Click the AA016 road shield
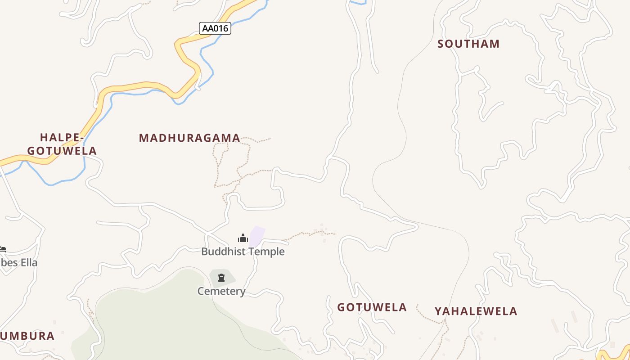tap(215, 28)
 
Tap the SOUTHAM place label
tap(468, 44)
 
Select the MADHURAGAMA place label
tap(189, 138)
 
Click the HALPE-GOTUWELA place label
tap(62, 144)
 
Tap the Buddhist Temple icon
tap(243, 238)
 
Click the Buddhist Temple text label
tap(243, 252)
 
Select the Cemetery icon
tap(221, 278)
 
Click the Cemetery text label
tap(221, 291)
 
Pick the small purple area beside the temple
tap(257, 236)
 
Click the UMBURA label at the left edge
tap(28, 336)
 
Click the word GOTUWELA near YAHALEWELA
tap(372, 307)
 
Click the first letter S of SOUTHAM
tap(441, 44)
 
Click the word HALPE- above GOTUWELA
tap(62, 137)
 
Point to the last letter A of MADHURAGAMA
tap(236, 138)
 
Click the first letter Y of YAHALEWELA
tap(438, 311)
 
